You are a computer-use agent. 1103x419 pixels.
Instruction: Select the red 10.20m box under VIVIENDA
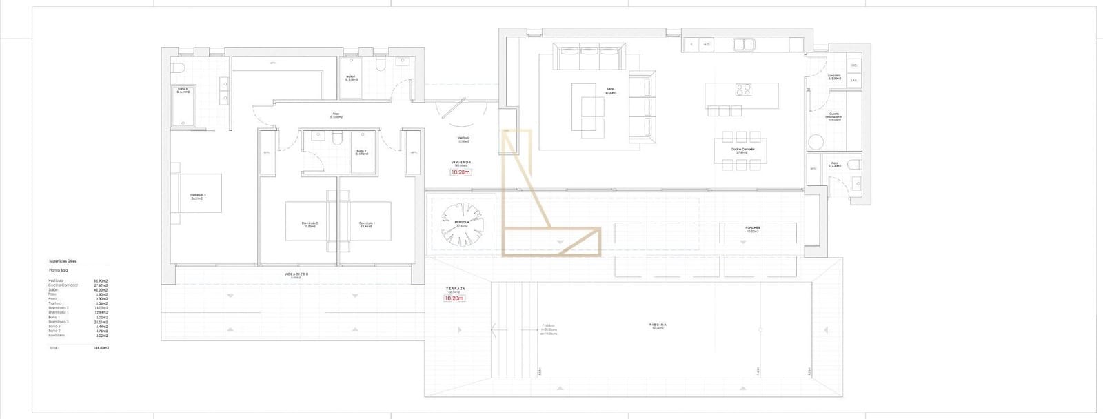tap(460, 172)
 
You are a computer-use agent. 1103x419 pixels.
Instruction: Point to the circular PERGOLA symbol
tap(462, 223)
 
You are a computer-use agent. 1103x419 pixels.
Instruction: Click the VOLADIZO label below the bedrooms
tap(297, 274)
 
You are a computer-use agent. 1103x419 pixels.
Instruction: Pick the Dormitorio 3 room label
tap(199, 196)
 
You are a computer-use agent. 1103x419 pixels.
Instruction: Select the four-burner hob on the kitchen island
tap(743, 90)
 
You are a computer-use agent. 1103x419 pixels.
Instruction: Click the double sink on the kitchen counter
tap(742, 45)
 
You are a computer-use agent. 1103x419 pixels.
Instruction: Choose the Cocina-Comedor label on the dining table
tap(742, 150)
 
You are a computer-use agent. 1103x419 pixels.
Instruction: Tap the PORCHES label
tap(752, 228)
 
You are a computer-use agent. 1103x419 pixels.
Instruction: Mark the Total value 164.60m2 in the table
tap(101, 348)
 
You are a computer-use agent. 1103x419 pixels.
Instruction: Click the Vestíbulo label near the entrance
tap(463, 139)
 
